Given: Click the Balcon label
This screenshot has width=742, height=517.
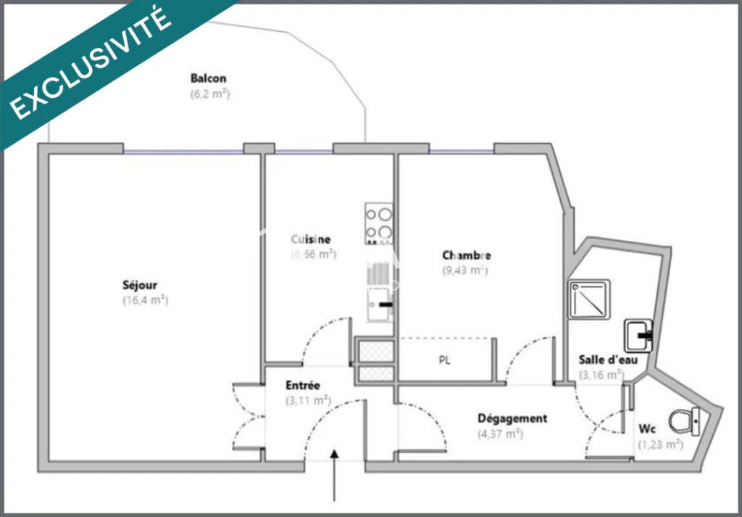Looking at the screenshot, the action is coord(208,78).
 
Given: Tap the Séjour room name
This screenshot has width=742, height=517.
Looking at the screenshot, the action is coord(140,285).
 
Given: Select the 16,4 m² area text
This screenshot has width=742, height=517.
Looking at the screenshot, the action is coord(145,300).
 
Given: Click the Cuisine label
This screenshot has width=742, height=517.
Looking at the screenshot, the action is coord(310,239).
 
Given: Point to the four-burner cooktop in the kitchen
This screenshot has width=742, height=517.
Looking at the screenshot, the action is coord(379,223).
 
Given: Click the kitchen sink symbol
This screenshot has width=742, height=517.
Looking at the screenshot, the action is coord(380,305).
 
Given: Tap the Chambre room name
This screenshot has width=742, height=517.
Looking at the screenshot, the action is coord(467,256).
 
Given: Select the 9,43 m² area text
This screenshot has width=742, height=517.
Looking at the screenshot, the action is coord(464,270).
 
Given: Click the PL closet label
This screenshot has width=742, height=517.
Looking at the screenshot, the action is coord(444,361).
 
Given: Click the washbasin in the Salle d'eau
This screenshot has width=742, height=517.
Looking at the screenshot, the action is coord(639,336).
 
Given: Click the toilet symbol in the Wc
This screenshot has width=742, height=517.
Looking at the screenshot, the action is coord(685,421).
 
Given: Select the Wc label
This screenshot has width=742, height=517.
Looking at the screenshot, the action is coord(647,429).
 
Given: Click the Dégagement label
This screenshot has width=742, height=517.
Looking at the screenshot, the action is coord(512,418).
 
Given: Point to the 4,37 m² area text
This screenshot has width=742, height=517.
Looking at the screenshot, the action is coord(500,434).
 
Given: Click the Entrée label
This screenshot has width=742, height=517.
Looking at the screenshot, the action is coord(303,385).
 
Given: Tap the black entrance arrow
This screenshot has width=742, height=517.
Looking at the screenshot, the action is coord(335,475).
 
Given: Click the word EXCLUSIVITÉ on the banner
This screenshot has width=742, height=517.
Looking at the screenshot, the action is coord(91,63).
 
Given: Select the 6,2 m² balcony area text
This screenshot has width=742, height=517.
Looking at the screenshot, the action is coord(210,94).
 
